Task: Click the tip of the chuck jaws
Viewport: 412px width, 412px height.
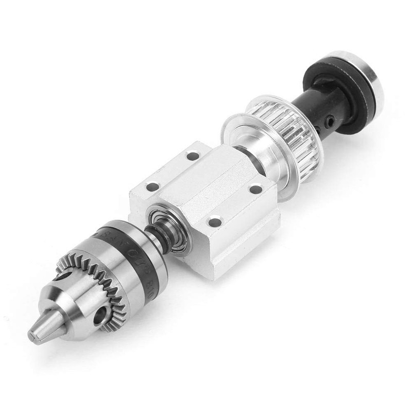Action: [x=36, y=336]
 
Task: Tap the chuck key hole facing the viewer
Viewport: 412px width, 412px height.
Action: [x=100, y=314]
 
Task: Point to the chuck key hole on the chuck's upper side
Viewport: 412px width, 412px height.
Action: [x=62, y=277]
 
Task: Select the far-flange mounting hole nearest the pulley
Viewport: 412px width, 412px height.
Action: [x=193, y=156]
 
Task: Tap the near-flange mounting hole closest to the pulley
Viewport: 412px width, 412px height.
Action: [x=255, y=190]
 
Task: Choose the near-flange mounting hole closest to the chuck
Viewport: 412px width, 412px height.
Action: [x=215, y=222]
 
